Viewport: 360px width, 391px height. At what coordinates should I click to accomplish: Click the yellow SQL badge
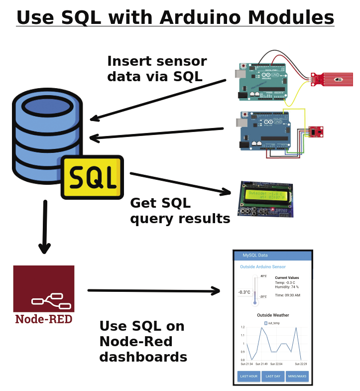pyautogui.click(x=92, y=177)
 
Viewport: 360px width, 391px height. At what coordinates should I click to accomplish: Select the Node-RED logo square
pyautogui.click(x=44, y=288)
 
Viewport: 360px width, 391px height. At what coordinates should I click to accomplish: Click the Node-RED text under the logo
pyautogui.click(x=44, y=319)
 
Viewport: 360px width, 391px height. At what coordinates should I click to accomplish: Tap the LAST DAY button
pyautogui.click(x=273, y=376)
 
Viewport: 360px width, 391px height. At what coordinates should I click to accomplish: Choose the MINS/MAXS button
pyautogui.click(x=297, y=376)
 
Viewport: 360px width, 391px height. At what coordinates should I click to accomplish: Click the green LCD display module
pyautogui.click(x=265, y=199)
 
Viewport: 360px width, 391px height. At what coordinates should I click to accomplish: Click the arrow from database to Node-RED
pyautogui.click(x=45, y=227)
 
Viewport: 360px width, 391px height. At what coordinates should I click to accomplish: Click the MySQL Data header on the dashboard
pyautogui.click(x=255, y=256)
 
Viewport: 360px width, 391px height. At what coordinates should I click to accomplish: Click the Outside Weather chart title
pyautogui.click(x=273, y=315)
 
